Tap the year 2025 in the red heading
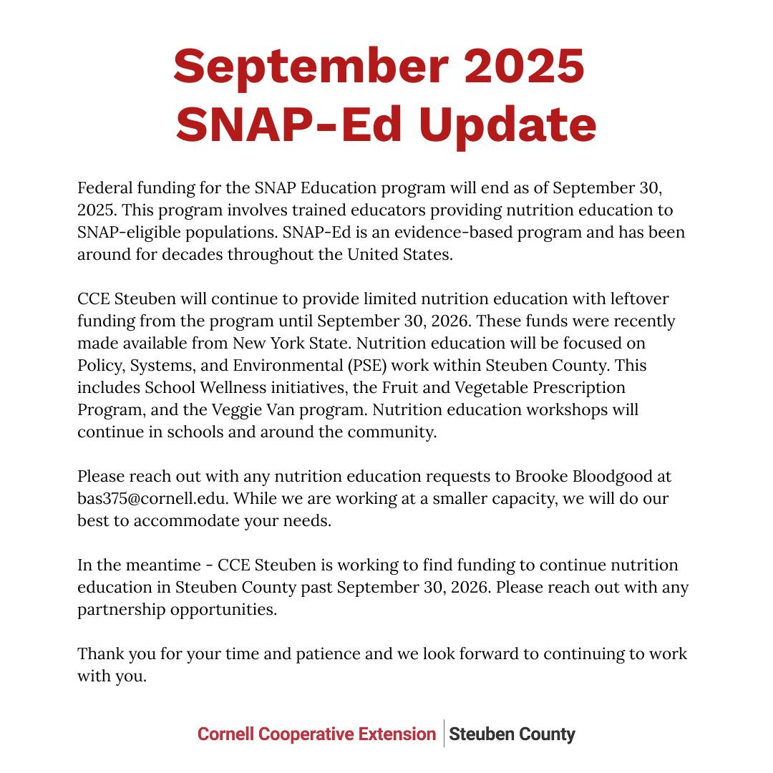(524, 67)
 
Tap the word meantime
(162, 565)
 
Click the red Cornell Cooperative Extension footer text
(316, 734)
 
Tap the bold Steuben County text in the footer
(512, 734)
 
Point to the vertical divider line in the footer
(444, 734)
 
